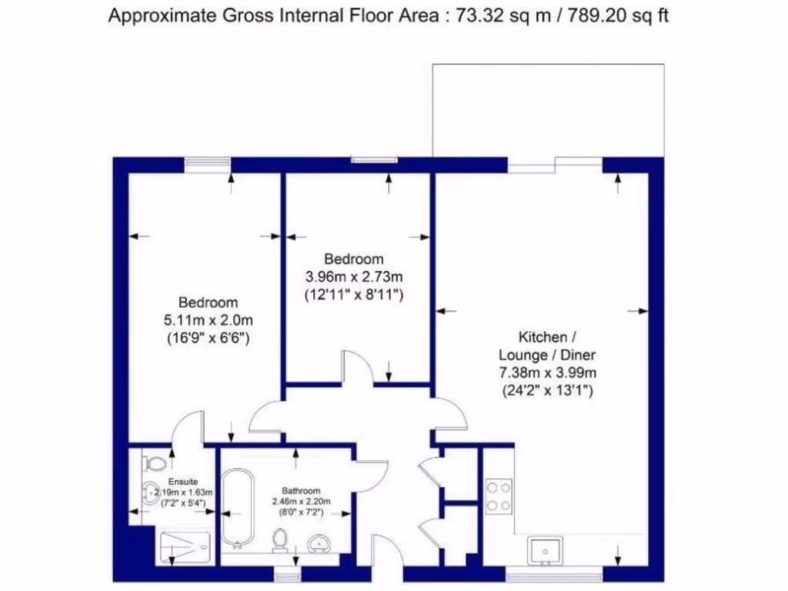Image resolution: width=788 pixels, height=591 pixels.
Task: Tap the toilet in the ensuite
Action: tap(155, 464)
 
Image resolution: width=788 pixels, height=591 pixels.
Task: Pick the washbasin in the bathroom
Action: tap(319, 544)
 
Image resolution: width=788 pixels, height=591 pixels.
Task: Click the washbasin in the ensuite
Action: tap(148, 492)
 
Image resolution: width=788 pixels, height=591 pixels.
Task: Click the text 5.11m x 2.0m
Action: tap(209, 319)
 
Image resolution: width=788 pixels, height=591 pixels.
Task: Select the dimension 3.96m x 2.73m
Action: tap(354, 276)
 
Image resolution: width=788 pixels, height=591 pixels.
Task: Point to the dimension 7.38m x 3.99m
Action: tap(547, 373)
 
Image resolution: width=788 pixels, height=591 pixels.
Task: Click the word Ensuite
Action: tap(173, 482)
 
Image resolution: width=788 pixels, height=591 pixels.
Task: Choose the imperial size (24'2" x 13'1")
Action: tap(547, 390)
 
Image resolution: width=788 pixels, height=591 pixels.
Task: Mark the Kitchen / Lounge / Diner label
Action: tap(547, 346)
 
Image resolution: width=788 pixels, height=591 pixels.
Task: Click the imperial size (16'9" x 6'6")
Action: tap(209, 337)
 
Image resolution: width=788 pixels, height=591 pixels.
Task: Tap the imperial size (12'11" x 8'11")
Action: tap(354, 294)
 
